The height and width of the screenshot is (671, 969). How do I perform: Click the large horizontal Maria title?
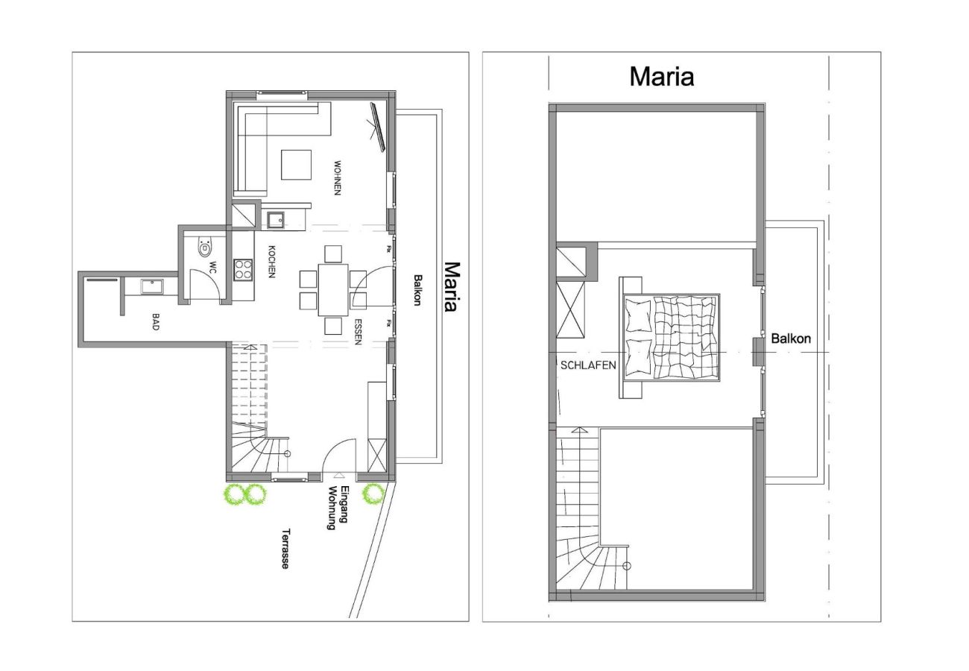click(661, 76)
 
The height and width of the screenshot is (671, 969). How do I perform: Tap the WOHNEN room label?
click(337, 178)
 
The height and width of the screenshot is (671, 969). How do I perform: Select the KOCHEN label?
click(272, 262)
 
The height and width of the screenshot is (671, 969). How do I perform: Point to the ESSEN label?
click(359, 333)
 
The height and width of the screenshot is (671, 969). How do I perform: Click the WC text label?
click(212, 268)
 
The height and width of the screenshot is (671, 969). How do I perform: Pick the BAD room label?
click(156, 322)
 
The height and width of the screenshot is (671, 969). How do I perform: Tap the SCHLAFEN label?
click(588, 365)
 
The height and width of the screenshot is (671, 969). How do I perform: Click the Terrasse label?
click(285, 549)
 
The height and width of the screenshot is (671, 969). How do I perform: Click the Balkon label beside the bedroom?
click(791, 338)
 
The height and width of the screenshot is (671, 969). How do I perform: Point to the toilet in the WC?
click(203, 248)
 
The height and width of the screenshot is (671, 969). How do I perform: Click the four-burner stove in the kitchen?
click(243, 269)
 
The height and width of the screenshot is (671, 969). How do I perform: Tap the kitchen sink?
click(276, 219)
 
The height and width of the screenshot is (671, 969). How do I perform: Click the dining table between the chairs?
click(332, 289)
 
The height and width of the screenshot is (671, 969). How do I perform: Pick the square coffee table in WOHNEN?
click(296, 165)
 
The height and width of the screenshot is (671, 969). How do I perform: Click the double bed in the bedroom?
click(669, 337)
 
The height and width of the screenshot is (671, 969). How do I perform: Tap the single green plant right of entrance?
click(373, 494)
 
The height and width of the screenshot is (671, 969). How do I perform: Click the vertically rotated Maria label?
click(450, 286)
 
